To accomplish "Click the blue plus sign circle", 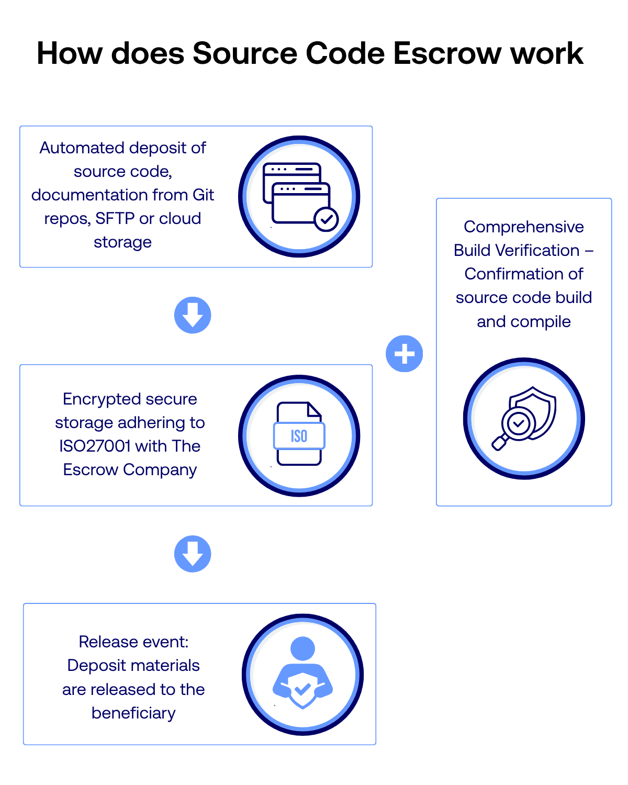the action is pyautogui.click(x=404, y=353).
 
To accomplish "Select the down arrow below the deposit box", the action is pyautogui.click(x=192, y=315).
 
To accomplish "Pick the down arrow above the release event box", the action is pyautogui.click(x=192, y=554).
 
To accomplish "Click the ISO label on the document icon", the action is pyautogui.click(x=299, y=436).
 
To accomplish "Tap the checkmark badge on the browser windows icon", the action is pyautogui.click(x=326, y=219).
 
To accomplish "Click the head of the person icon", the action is pyautogui.click(x=302, y=648).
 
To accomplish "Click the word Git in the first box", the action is pyautogui.click(x=203, y=195).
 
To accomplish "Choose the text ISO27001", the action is pyautogui.click(x=95, y=446).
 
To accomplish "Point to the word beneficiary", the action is pyautogui.click(x=133, y=713).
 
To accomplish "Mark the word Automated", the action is pyautogui.click(x=82, y=148).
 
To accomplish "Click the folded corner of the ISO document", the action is pyautogui.click(x=314, y=409).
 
